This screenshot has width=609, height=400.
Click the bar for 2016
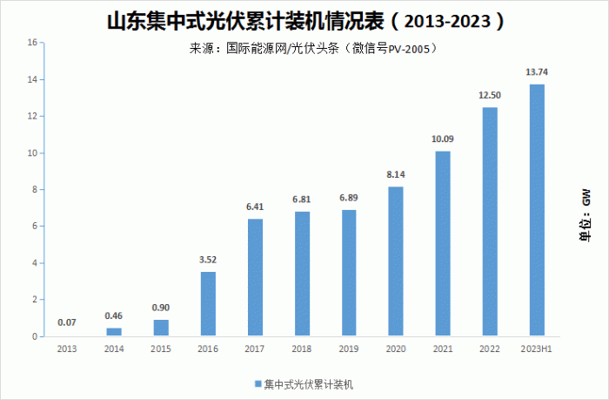click(x=208, y=303)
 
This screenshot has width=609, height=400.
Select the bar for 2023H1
click(x=537, y=210)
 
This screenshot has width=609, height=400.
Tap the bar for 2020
click(x=396, y=261)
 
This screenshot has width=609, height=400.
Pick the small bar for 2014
click(x=114, y=332)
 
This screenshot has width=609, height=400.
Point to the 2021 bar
click(x=443, y=243)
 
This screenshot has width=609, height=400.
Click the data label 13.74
click(x=537, y=72)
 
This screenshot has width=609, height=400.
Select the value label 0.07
click(x=67, y=322)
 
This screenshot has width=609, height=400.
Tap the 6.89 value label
click(x=348, y=198)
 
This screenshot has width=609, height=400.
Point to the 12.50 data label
click(x=490, y=95)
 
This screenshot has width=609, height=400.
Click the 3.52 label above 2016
click(x=208, y=260)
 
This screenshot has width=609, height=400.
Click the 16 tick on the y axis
click(x=32, y=43)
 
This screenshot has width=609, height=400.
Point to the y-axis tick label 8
click(x=35, y=189)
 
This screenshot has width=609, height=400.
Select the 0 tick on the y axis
click(x=35, y=336)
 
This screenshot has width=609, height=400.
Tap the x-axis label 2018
click(x=301, y=349)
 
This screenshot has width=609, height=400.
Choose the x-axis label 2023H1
click(x=537, y=349)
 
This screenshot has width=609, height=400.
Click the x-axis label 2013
click(x=67, y=349)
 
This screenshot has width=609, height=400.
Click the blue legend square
click(x=258, y=384)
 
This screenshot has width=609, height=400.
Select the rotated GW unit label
click(x=586, y=198)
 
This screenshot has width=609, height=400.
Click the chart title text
click(x=305, y=22)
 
